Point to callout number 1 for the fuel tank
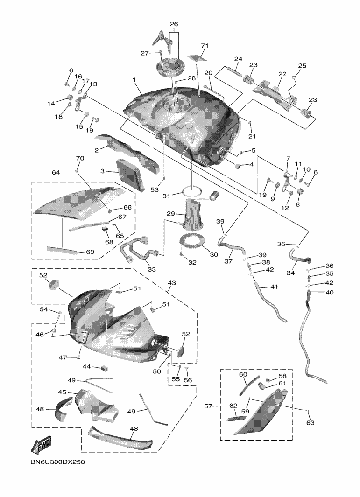tap(134, 80)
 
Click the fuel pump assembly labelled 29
tap(193, 215)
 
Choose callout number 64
tap(56, 173)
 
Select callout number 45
tap(62, 392)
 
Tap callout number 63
tap(311, 422)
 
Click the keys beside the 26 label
tap(165, 39)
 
